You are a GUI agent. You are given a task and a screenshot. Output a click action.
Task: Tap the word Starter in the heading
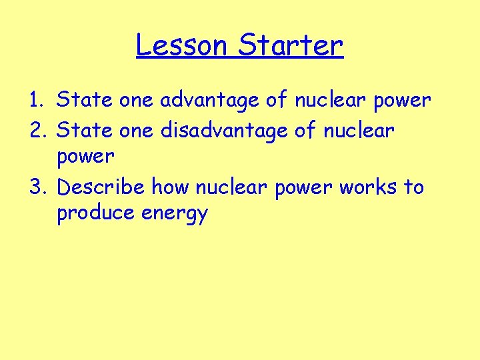tap(290, 45)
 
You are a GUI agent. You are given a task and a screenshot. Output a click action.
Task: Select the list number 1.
tap(36, 100)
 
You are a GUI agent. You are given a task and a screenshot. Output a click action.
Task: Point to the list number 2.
tap(36, 131)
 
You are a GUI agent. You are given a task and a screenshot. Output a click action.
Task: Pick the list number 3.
tap(36, 187)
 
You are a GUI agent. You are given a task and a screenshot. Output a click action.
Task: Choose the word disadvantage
tap(224, 131)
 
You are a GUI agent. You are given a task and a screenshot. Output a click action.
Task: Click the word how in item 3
tap(171, 187)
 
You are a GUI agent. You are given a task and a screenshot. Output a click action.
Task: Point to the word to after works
tap(413, 187)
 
